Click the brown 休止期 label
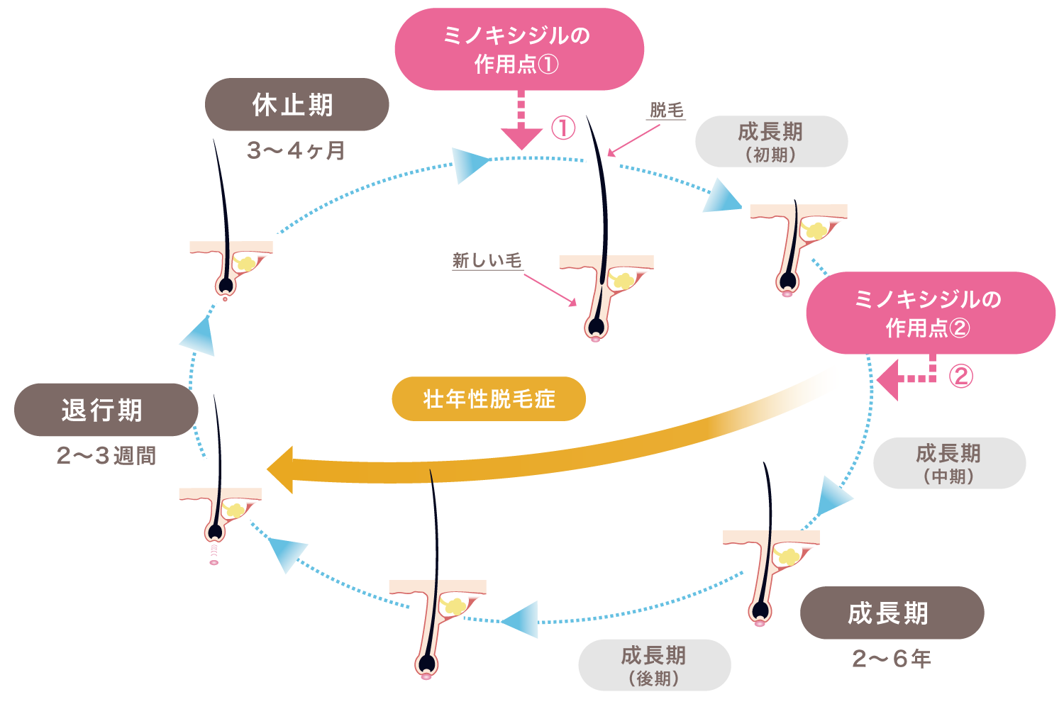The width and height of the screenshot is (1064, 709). [x=297, y=104]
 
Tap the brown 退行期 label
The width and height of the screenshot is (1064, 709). [x=106, y=410]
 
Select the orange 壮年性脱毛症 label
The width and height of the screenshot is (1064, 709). [x=489, y=399]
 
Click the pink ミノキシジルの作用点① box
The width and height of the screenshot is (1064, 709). [x=519, y=49]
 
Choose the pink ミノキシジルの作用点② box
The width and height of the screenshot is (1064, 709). [x=931, y=313]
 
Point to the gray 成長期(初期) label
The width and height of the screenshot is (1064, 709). [x=772, y=142]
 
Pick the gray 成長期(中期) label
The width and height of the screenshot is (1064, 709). [x=950, y=463]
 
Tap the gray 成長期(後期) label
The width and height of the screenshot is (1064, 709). [x=655, y=665]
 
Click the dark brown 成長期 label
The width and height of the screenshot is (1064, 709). [x=892, y=613]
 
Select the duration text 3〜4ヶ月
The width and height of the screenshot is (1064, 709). [x=297, y=150]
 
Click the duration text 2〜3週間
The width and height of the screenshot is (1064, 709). [x=106, y=456]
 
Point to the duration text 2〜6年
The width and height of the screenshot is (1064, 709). [x=892, y=659]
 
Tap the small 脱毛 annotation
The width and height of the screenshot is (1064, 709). [x=667, y=110]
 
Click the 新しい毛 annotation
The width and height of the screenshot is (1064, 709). [x=487, y=261]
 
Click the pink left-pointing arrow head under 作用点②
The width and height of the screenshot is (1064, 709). [x=887, y=380]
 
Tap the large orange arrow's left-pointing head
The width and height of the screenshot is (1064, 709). [x=280, y=469]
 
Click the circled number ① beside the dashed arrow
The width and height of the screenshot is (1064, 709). [x=563, y=128]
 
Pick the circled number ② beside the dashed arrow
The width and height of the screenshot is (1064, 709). [x=961, y=376]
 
